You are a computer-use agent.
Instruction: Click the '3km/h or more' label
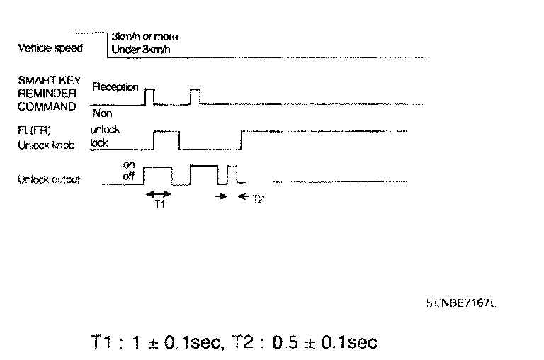[x=145, y=36]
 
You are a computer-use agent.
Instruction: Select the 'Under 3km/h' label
[x=142, y=50]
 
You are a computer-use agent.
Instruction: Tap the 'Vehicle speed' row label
[x=50, y=49]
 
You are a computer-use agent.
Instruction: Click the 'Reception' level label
[x=115, y=88]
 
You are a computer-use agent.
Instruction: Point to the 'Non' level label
[x=102, y=113]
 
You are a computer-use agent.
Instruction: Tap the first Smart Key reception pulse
[x=149, y=97]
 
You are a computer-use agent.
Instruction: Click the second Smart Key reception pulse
[x=195, y=97]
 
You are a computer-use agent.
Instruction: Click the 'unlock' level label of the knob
[x=106, y=130]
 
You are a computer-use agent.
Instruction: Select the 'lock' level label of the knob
[x=98, y=142]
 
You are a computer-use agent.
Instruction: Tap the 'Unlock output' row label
[x=49, y=179]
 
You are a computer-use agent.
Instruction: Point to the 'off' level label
[x=128, y=176]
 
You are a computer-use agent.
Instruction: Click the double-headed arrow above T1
[x=157, y=193]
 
